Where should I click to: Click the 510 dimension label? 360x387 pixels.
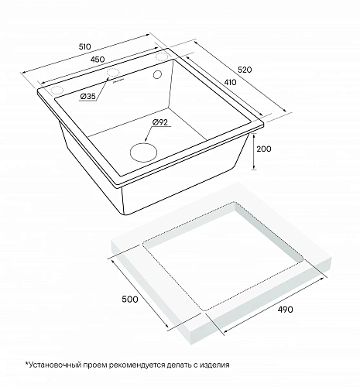(85, 46)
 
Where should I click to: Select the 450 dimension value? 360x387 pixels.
(98, 60)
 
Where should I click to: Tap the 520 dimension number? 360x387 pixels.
(244, 70)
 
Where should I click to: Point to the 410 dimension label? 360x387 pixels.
(230, 82)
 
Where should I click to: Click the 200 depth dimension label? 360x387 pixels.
(264, 149)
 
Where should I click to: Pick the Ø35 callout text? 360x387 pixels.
(88, 97)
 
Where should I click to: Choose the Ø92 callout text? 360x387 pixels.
(160, 122)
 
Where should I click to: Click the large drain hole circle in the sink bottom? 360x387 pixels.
(144, 152)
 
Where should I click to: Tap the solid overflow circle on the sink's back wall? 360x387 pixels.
(157, 74)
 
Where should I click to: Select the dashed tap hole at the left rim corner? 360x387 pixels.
(57, 91)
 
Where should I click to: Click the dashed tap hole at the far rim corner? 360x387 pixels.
(162, 57)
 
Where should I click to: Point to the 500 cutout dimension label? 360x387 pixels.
(130, 299)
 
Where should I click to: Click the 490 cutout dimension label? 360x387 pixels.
(285, 310)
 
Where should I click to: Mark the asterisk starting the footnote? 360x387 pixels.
(26, 364)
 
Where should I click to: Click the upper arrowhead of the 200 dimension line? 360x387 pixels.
(254, 136)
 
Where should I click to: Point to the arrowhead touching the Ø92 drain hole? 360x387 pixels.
(146, 139)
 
